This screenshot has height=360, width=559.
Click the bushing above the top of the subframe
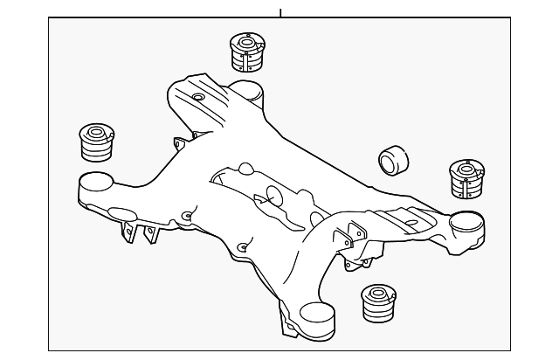[x=246, y=52]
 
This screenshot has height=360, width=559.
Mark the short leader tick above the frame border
[x=280, y=12]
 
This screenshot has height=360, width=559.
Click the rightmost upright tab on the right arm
[x=358, y=234]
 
